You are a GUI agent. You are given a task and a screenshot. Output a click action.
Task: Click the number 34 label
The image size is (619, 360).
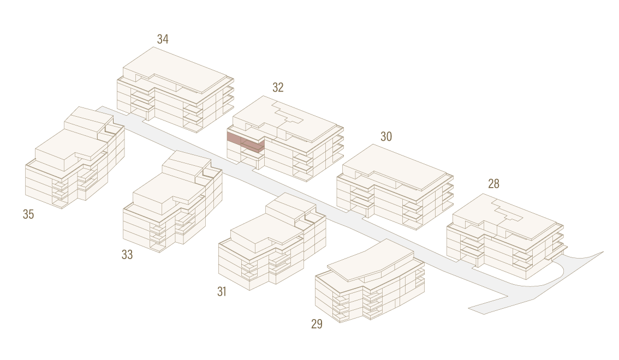163,39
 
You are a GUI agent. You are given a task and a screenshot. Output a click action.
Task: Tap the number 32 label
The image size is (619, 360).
278,87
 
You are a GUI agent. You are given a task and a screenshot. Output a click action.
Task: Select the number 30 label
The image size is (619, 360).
386,136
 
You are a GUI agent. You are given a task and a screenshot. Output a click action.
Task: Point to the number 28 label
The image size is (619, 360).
493,184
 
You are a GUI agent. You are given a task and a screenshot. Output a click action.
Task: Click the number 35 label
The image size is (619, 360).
28,214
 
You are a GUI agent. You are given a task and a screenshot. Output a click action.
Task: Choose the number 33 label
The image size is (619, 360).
127,254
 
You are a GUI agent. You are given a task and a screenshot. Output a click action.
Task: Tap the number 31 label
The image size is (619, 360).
222,291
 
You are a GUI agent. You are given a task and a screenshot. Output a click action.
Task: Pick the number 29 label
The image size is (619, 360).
317,323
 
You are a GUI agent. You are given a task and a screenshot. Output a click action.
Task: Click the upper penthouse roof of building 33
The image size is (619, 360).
186,164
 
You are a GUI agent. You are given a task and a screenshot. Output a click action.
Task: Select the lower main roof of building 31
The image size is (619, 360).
260,233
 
